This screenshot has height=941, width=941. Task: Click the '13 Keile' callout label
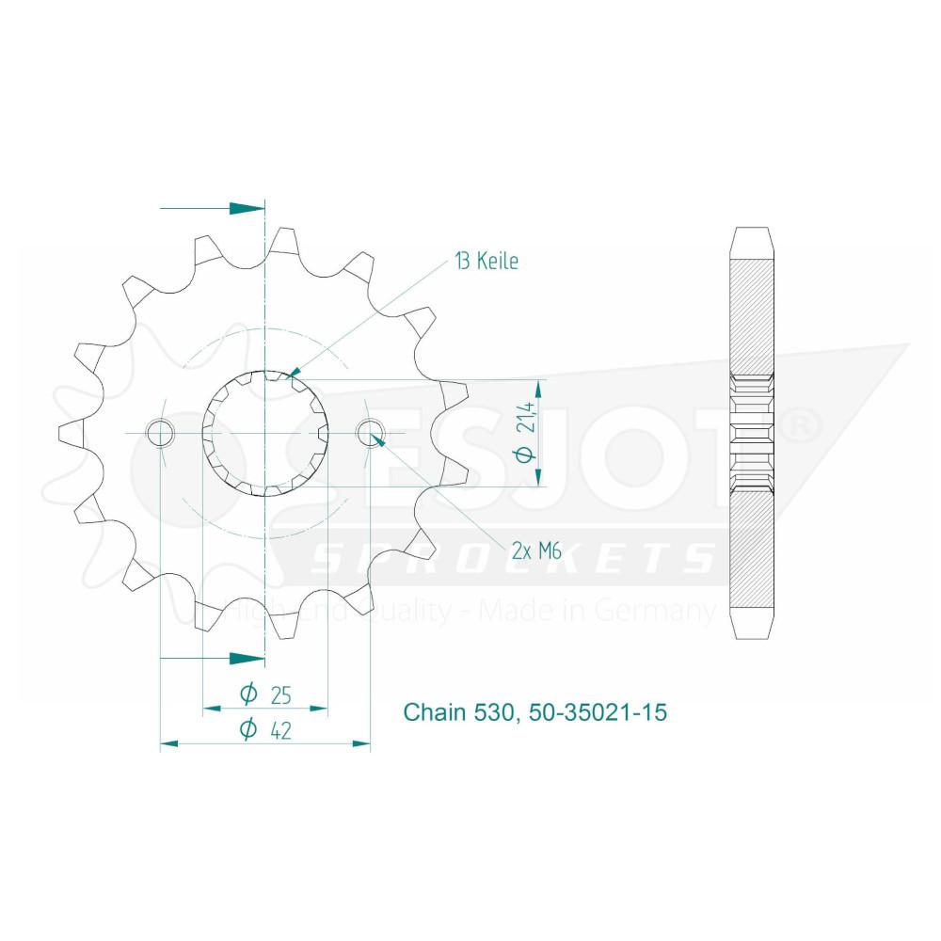pyautogui.click(x=486, y=261)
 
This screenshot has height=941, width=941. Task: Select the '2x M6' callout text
pyautogui.click(x=536, y=550)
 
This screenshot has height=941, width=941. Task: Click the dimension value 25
pyautogui.click(x=280, y=695)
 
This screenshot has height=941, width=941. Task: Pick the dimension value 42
pyautogui.click(x=280, y=730)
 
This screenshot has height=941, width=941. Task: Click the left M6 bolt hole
pyautogui.click(x=160, y=433)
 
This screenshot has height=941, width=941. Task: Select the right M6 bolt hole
pyautogui.click(x=370, y=433)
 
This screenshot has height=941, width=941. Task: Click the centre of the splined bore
pyautogui.click(x=265, y=433)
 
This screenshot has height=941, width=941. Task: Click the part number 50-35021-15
pyautogui.click(x=598, y=712)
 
